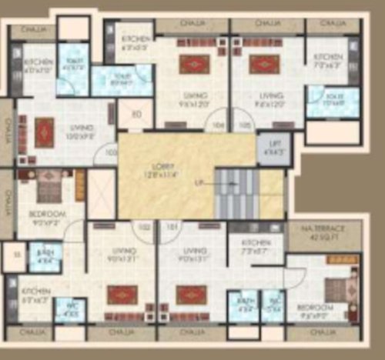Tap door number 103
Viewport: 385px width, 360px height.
[x=109, y=152]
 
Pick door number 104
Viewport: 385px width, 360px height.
[x=217, y=125]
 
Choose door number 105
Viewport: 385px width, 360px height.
[x=245, y=125]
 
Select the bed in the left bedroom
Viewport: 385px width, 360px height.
[x=49, y=185]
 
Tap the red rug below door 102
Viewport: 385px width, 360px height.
[x=121, y=294]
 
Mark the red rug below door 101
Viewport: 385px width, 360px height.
[x=188, y=294]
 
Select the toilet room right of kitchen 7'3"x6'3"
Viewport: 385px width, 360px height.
[x=333, y=101]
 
